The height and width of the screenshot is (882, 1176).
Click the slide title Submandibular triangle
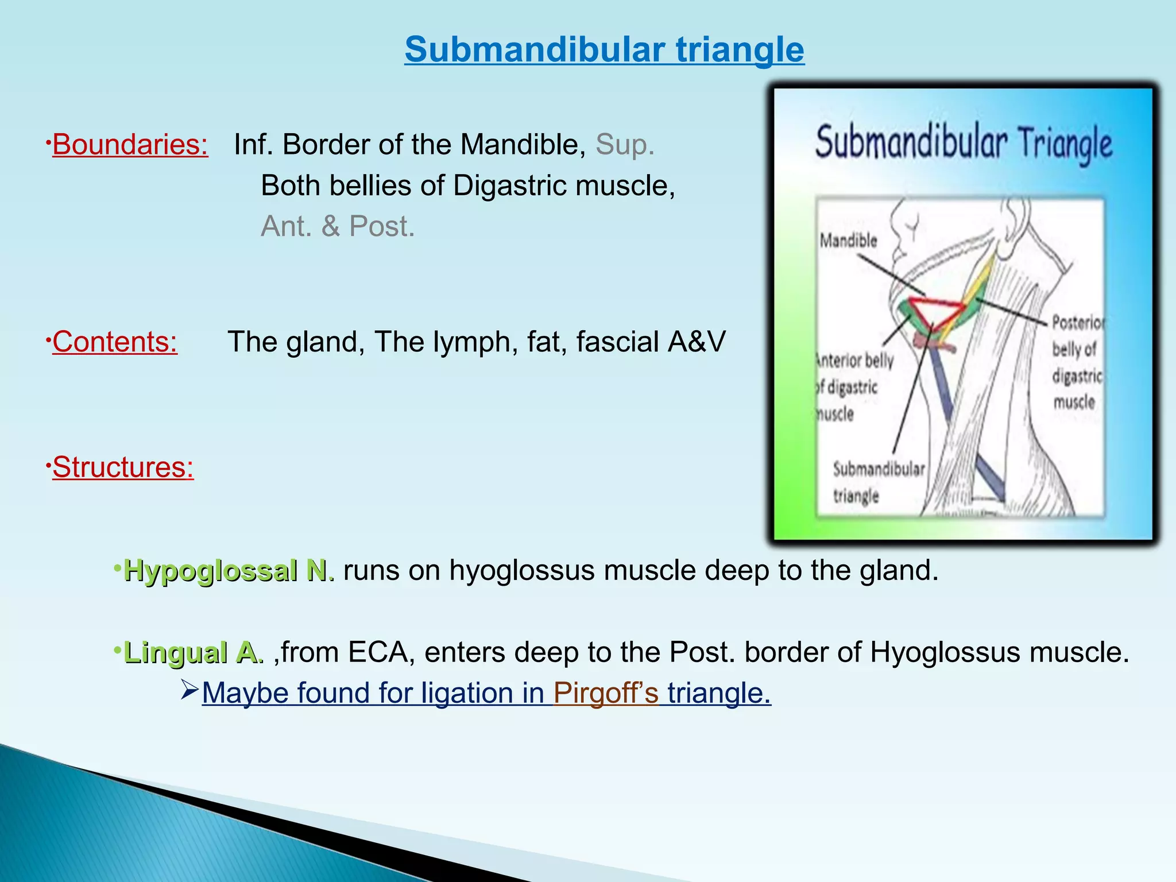(x=604, y=49)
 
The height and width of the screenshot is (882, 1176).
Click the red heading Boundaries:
(x=130, y=144)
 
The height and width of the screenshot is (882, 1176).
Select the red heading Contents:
(x=115, y=342)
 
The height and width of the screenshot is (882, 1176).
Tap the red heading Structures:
(x=123, y=467)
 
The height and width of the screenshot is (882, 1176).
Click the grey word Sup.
(x=625, y=144)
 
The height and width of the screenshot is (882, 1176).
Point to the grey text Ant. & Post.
(x=338, y=226)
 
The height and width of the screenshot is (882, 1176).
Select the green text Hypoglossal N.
(x=229, y=570)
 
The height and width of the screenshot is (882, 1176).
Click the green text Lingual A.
(x=194, y=652)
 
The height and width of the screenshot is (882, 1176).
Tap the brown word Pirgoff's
(x=606, y=693)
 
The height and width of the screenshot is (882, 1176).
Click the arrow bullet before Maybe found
(x=189, y=688)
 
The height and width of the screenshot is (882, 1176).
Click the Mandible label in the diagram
(x=848, y=241)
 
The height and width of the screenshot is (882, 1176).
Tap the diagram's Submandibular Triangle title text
(x=964, y=143)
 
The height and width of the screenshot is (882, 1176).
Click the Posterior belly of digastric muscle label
(x=1076, y=362)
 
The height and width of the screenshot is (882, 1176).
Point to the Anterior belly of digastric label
(x=854, y=387)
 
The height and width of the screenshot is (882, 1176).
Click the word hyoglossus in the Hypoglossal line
(x=521, y=570)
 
